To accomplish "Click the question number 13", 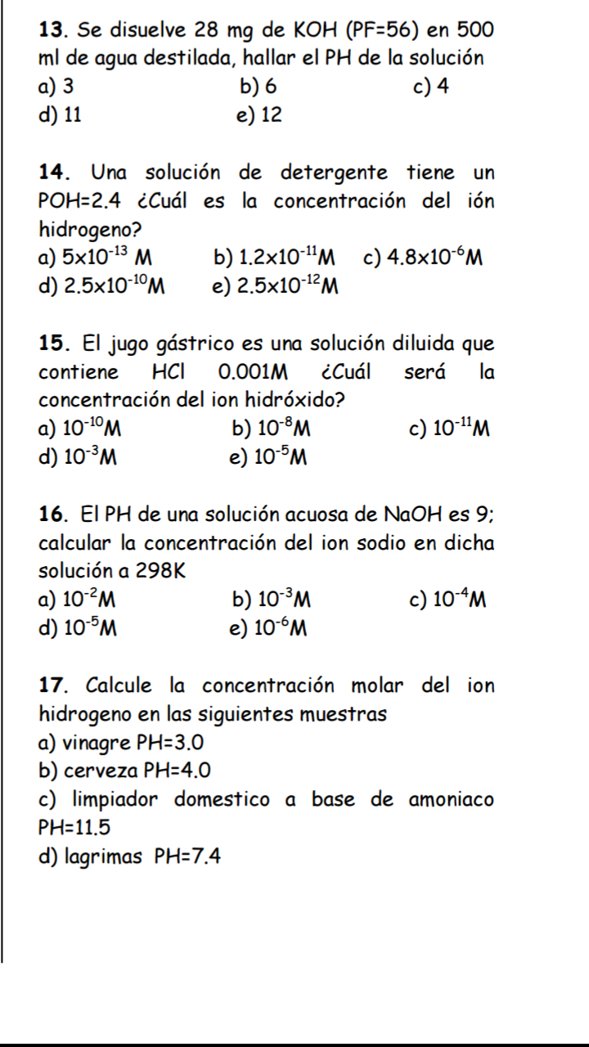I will click(54, 32).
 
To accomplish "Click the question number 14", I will click(54, 173).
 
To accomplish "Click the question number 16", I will click(54, 515).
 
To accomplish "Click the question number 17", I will click(54, 685).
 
